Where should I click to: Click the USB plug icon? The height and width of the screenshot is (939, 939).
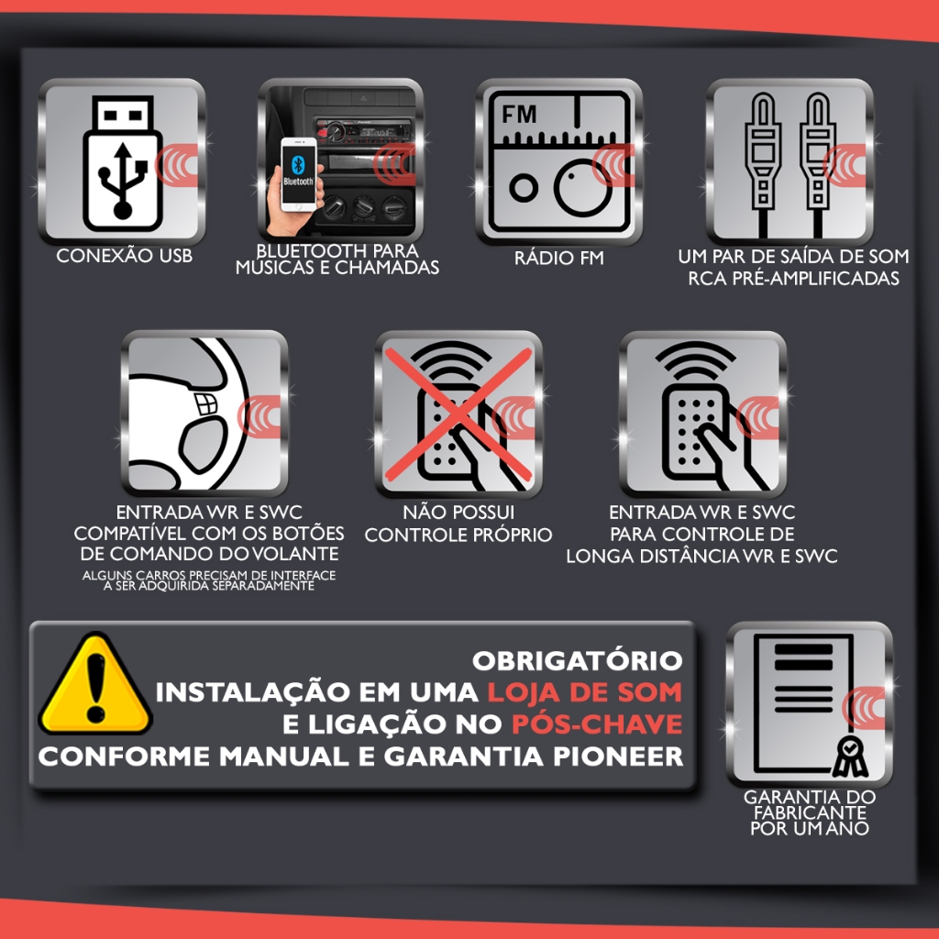coord(123,163)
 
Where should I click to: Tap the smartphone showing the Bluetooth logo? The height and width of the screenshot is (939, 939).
coord(299,174)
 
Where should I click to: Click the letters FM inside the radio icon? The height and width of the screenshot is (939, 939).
coord(519,114)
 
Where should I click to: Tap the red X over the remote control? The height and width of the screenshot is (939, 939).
coord(458,414)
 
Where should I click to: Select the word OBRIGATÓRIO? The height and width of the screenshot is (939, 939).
coord(578,661)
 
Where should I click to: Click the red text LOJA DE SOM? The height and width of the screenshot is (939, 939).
coord(584,692)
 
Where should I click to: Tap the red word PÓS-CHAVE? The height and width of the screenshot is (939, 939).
coord(597,724)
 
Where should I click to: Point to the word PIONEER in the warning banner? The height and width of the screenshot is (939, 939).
coord(618,757)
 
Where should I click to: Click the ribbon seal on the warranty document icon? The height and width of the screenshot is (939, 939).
coord(850,757)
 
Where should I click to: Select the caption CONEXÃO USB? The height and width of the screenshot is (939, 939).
coord(125,256)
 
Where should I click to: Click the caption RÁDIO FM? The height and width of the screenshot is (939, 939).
coord(558,258)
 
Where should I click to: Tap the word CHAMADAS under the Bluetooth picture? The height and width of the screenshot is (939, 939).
coord(387,268)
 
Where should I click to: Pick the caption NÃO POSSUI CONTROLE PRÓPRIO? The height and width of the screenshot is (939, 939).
coord(458,524)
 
